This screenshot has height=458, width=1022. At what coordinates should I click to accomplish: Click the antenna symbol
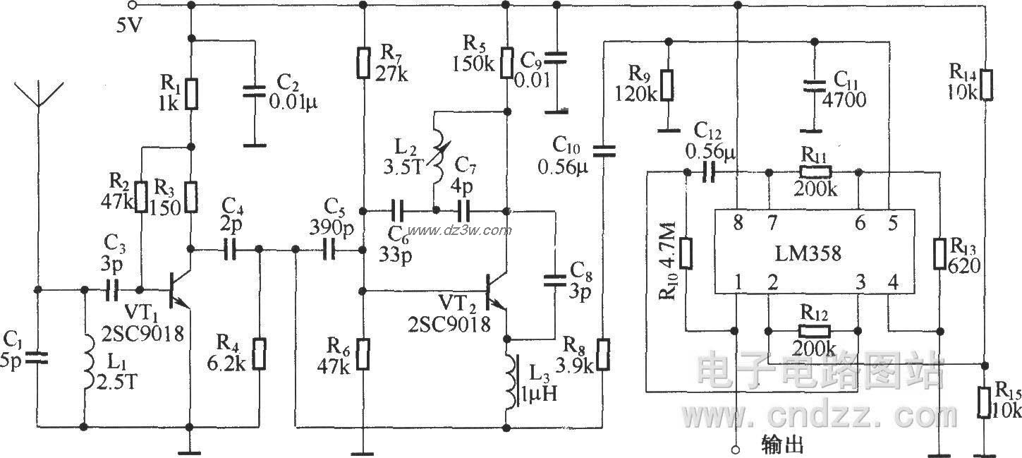point(37,106)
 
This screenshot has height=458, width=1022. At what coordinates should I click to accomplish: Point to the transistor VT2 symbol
point(499,291)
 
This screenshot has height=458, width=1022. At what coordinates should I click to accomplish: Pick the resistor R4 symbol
point(260,355)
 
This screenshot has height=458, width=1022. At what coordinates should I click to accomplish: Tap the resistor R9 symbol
point(667,85)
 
